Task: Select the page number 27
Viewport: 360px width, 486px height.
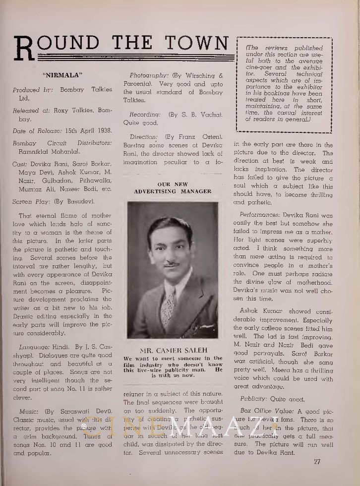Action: click(317, 463)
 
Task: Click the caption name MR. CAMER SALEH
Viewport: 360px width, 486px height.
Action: click(173, 351)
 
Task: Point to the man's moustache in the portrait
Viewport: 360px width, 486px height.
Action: click(172, 264)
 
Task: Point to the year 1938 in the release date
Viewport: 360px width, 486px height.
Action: click(101, 130)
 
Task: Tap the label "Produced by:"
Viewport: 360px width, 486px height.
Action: click(33, 90)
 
